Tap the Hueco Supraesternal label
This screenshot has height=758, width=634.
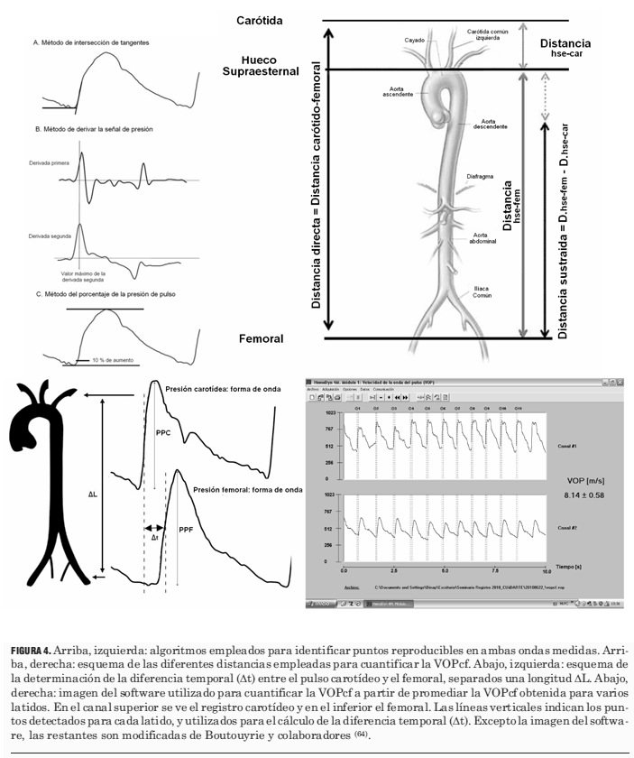(x=259, y=67)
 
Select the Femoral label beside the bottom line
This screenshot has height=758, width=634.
(x=262, y=339)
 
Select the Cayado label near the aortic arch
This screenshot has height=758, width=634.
(x=415, y=40)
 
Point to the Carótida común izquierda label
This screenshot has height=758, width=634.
(x=492, y=34)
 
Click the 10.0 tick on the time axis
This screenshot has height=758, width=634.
(x=546, y=571)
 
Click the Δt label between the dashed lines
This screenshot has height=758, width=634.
(x=157, y=537)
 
